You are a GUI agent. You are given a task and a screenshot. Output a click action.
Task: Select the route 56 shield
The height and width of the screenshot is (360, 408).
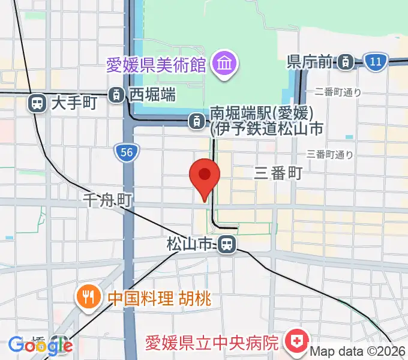point(126,153)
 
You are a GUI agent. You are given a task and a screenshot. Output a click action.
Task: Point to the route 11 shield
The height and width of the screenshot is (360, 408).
point(376,61)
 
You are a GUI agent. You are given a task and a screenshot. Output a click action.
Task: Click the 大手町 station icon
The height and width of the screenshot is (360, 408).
point(37,103)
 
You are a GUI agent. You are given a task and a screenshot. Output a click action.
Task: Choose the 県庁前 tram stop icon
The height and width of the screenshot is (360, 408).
point(345,61)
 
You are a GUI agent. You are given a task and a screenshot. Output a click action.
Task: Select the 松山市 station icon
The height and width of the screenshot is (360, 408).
point(226,244)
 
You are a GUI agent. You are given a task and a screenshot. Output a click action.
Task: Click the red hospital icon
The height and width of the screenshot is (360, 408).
point(296,343)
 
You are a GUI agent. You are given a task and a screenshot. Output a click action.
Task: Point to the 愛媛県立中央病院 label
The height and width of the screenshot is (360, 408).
point(213,343)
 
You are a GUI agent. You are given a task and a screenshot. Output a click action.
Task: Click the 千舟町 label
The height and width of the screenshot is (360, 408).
point(107,199)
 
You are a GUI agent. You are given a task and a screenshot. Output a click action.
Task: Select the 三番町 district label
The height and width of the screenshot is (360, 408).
point(278,173)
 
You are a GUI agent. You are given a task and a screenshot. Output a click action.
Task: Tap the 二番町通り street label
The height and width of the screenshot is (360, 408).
point(338,92)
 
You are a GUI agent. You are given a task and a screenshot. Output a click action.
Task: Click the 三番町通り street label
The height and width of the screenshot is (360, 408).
point(330,154)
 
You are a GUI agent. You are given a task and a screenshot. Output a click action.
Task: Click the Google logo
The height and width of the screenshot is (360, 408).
point(40,345)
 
